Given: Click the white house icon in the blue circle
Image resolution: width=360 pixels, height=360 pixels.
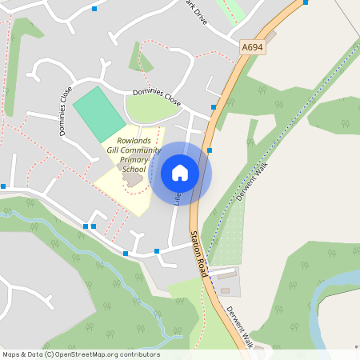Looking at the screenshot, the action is click(180, 173).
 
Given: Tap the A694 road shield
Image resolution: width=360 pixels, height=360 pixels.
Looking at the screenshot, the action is click(252, 49).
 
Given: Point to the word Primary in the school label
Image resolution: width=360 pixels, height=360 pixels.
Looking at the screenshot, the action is click(134, 160).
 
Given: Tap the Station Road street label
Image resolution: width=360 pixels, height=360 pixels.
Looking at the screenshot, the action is click(198, 254).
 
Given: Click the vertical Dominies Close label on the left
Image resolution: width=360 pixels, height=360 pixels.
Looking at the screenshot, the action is click(64, 110).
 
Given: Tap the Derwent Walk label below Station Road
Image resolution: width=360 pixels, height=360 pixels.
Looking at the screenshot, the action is click(239, 326).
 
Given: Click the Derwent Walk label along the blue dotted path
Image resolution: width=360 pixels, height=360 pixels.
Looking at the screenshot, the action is click(250, 184).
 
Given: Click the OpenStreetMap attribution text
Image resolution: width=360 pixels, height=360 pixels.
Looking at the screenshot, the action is click(81, 354).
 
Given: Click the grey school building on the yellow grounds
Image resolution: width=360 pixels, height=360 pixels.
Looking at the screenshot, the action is click(133, 181).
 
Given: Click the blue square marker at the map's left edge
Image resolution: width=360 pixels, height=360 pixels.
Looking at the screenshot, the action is click(3, 186).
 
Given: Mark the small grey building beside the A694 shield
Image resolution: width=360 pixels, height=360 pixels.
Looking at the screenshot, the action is click(270, 36).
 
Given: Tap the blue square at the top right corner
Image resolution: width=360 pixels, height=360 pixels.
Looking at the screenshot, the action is click(306, 2).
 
